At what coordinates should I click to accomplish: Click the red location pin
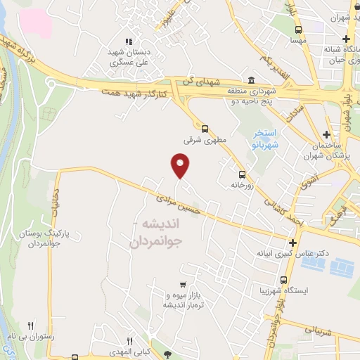point(181,165)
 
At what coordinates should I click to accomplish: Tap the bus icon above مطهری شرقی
point(205,128)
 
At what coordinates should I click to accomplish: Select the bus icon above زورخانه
point(242,174)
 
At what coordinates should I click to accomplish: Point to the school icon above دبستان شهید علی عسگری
point(127,41)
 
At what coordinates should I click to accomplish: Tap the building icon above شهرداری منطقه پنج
point(252,80)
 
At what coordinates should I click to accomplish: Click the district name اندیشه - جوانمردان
point(156,233)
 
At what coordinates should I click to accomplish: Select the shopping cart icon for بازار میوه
point(183,285)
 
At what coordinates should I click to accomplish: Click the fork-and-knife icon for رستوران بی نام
point(30,326)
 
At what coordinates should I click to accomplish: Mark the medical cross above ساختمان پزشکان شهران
point(326,134)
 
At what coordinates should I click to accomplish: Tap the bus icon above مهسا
point(299,30)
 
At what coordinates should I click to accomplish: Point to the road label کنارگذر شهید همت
point(133,93)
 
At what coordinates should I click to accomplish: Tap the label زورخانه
point(241,186)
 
